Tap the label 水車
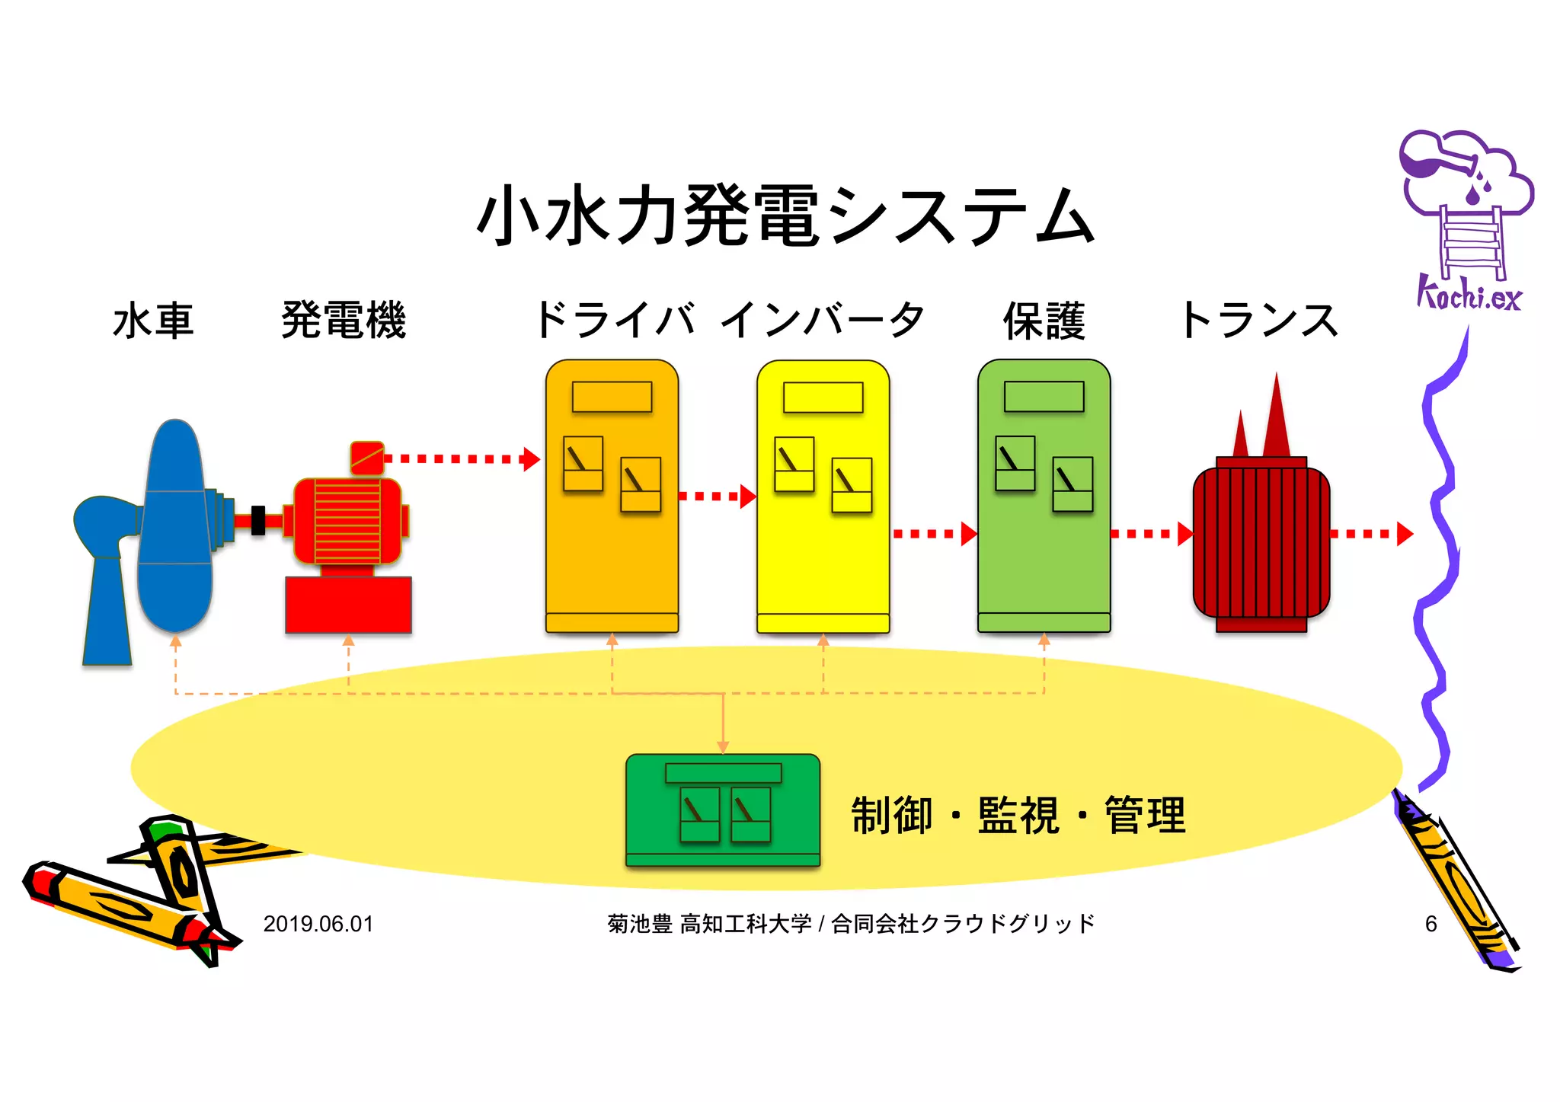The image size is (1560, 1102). pyautogui.click(x=153, y=320)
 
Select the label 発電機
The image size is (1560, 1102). pyautogui.click(x=344, y=320)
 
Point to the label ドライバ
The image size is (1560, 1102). pyautogui.click(x=614, y=320)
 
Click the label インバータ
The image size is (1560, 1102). pyautogui.click(x=823, y=320)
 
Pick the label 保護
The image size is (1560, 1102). pyautogui.click(x=1044, y=320)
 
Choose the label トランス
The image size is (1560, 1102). pyautogui.click(x=1258, y=320)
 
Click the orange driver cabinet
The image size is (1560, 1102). pyautogui.click(x=612, y=548)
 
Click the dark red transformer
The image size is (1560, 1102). pyautogui.click(x=1261, y=541)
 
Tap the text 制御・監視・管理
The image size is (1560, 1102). pyautogui.click(x=1018, y=816)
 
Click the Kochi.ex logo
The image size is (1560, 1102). pyautogui.click(x=1467, y=221)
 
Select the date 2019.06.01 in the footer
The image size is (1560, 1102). pyautogui.click(x=318, y=924)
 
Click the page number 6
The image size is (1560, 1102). pyautogui.click(x=1431, y=924)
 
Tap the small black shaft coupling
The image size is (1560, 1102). pyautogui.click(x=258, y=520)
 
